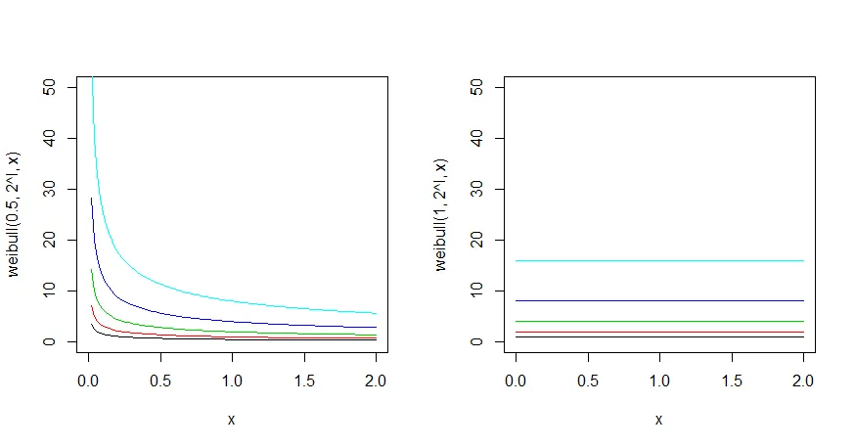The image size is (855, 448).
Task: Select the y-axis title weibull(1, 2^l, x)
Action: coord(441,214)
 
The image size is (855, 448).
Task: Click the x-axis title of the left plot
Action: coord(231,420)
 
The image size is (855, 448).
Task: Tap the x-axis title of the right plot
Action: coord(659,420)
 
